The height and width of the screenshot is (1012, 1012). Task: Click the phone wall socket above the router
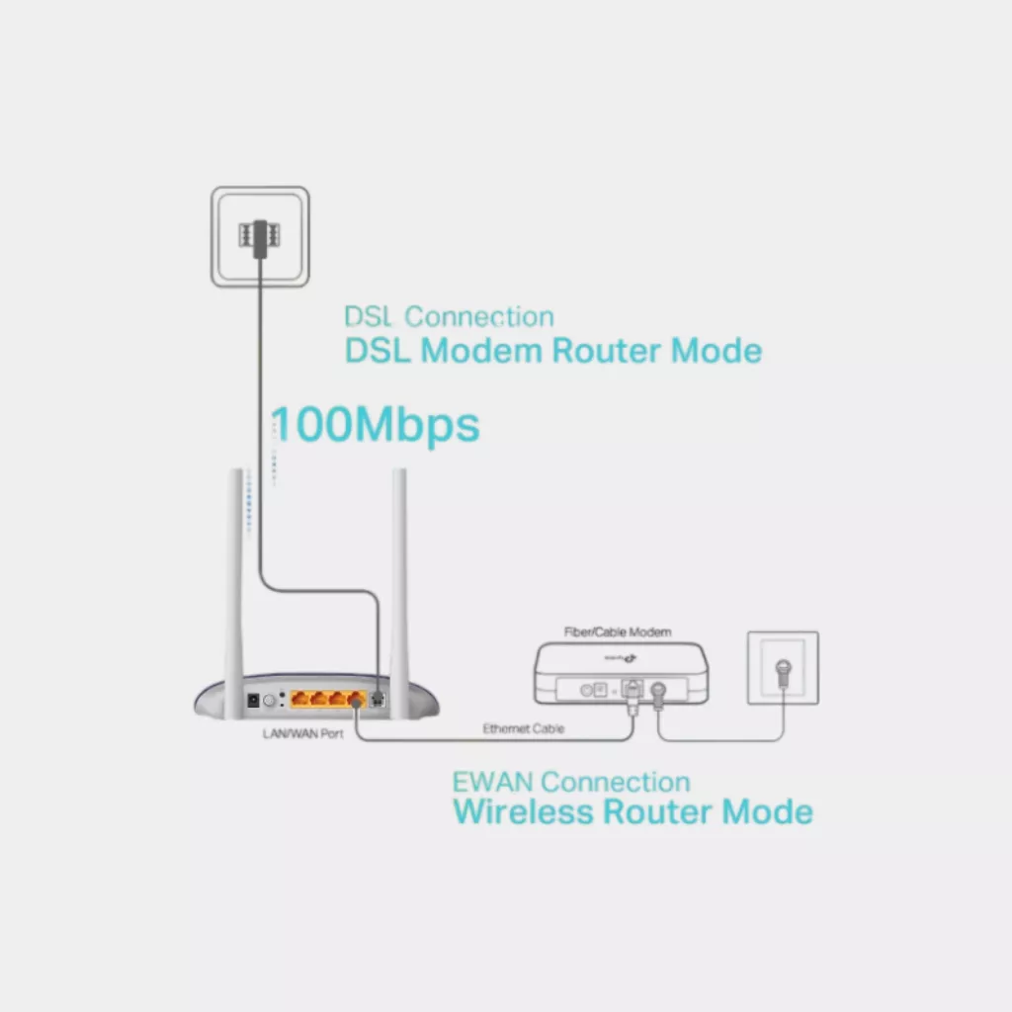(x=260, y=237)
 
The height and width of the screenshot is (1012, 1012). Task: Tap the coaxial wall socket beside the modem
(x=783, y=668)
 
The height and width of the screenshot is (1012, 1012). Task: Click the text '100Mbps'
(x=376, y=425)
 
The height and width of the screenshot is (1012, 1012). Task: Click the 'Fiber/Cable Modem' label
(x=617, y=632)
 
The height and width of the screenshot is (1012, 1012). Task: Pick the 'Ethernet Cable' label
(x=523, y=728)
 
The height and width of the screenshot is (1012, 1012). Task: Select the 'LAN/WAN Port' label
(x=295, y=734)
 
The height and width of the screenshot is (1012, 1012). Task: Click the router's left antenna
(x=237, y=583)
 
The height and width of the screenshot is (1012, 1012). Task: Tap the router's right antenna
(x=400, y=583)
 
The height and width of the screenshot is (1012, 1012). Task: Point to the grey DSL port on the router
(x=378, y=699)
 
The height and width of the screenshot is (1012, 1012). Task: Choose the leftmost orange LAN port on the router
(x=299, y=699)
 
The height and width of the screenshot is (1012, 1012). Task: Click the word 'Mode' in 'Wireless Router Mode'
(x=768, y=812)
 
